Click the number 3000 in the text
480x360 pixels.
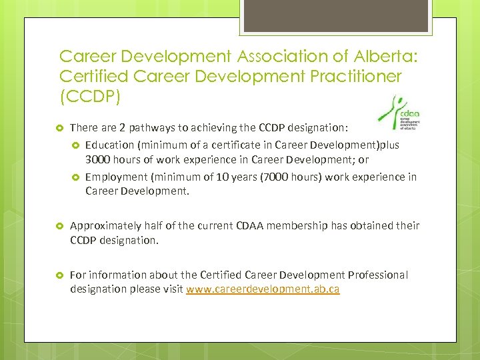coord(99,160)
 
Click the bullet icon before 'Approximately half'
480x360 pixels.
coord(59,226)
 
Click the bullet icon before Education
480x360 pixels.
coord(75,145)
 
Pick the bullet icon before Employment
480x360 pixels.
coord(75,177)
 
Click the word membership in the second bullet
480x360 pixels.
coord(295,225)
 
